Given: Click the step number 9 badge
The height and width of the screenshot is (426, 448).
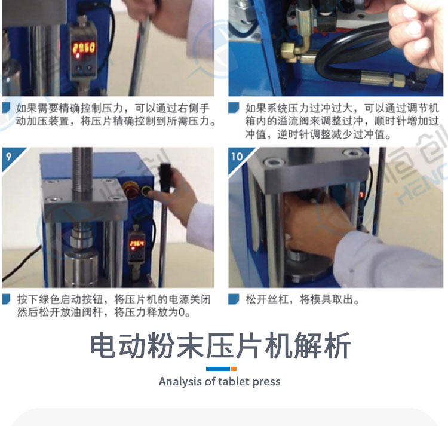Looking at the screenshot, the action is pos(10,156).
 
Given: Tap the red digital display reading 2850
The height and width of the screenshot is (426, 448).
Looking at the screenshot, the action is pos(84,47).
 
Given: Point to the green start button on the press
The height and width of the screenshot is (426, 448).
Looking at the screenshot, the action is pos(146,190).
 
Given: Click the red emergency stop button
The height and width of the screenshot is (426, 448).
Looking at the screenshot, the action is pos(131,189).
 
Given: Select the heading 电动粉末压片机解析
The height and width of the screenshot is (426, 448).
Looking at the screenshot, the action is pos(220,346).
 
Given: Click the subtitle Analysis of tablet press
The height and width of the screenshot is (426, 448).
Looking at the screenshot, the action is pos(219,382).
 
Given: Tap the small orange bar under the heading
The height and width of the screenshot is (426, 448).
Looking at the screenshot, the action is pos(234,369).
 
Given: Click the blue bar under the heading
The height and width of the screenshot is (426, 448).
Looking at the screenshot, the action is pos(218,369).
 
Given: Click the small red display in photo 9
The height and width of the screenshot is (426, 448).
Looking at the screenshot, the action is pos(137,244).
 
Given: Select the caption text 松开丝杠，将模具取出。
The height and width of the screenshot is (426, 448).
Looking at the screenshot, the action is pos(302,300).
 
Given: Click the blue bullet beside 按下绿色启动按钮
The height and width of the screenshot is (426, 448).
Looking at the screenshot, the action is pos(7,299).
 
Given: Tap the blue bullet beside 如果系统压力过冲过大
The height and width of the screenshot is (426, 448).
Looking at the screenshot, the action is pos(234,108).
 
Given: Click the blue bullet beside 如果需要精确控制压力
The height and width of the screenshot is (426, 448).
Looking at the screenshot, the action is pos(7,108).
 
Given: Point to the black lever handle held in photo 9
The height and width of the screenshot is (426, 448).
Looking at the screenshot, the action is pos(165,174).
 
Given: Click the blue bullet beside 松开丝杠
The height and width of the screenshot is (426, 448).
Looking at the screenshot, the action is pos(234,299).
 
